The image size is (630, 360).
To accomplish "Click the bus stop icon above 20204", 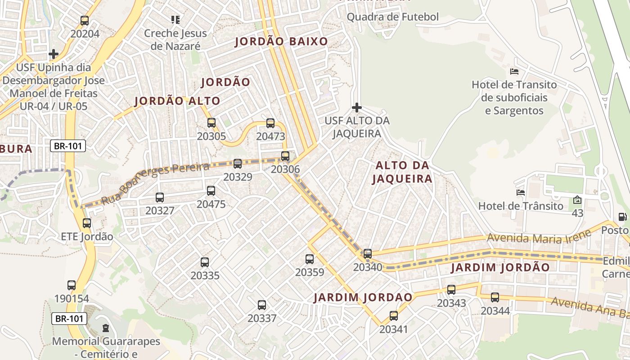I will pos(84,20).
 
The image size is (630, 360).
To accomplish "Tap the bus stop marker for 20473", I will pos(270,123).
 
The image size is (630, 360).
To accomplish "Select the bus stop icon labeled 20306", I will pos(285,156).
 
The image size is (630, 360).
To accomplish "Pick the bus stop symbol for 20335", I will pos(205,262).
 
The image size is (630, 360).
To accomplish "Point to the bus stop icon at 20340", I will pos(368,254).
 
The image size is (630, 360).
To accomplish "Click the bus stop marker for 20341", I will pos(394,316).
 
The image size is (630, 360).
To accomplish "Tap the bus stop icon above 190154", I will pos(72,285).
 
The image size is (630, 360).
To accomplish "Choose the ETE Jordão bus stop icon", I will pos(87,223).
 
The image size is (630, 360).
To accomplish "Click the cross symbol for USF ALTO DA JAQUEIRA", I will pos(356,108).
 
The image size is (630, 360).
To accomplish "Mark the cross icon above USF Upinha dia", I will pos(54,54).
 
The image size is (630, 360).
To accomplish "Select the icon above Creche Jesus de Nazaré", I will pos(175,20).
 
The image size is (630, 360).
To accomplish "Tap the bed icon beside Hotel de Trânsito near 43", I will pos(521,193).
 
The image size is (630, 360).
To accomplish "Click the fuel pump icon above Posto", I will pos(622,217).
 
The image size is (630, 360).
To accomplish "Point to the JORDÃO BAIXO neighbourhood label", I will pos(281,42).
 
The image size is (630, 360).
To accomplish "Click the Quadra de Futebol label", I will pos(392,17).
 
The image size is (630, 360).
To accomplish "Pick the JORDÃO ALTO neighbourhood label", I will pos(177,101).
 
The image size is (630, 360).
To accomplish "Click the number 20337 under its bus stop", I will pos(262,319).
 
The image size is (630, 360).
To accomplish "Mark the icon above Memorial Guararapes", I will pos(106,328).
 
